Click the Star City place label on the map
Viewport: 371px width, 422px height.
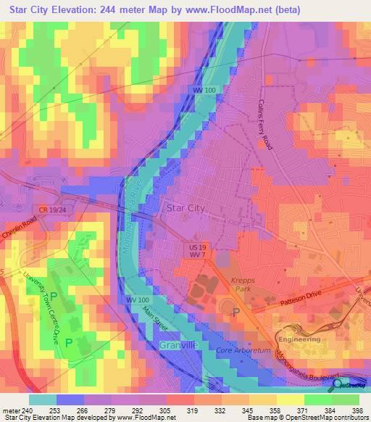coord(186,207)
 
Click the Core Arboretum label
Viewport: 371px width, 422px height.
coord(242,351)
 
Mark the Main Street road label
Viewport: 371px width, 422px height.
coord(156,321)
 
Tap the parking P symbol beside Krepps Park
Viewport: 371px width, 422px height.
coord(235,313)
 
